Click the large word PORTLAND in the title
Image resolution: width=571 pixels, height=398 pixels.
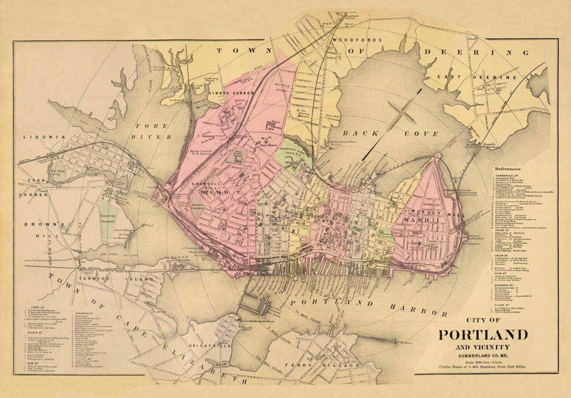[x=483, y=334]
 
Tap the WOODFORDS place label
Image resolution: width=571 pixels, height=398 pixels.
[x=357, y=40]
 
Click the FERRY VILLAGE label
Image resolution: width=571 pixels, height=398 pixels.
[x=322, y=365]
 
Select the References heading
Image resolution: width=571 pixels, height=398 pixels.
[x=507, y=169]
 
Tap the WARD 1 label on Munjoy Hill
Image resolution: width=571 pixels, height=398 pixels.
[x=416, y=220]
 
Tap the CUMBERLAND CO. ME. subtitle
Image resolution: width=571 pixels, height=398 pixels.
[x=483, y=356]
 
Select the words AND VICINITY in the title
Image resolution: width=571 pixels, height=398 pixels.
[x=482, y=347]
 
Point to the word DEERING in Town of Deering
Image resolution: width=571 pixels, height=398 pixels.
[x=477, y=52]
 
